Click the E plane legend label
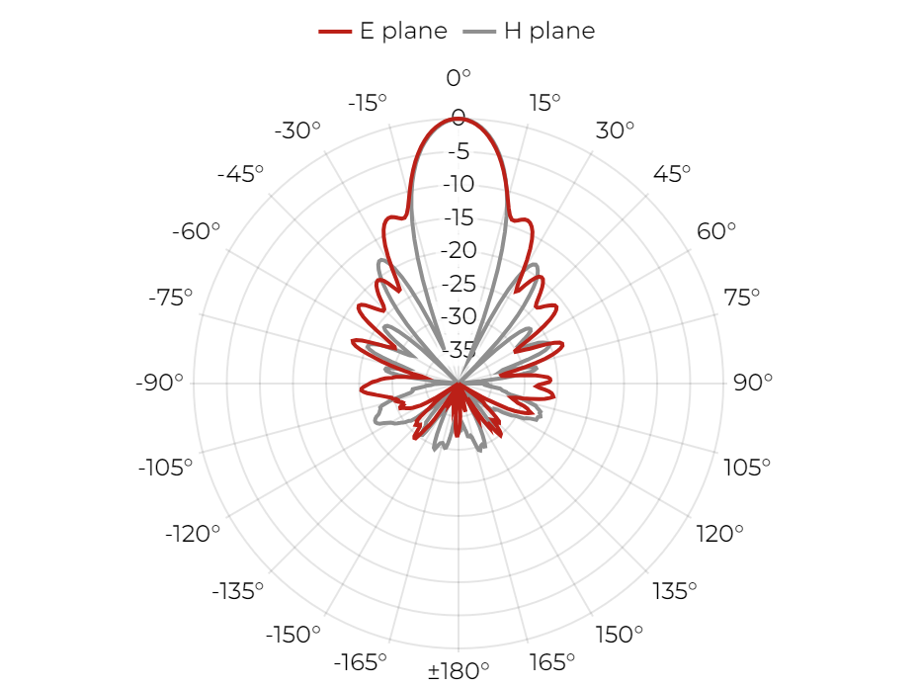coord(403,31)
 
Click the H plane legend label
coord(549,31)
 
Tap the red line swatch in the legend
coord(335,31)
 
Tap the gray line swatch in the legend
coord(479,31)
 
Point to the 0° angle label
coord(459,77)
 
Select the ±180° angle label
coord(459,670)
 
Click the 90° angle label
coord(753,383)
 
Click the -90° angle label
coord(159,383)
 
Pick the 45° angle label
coord(672,174)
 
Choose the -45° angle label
coord(240,174)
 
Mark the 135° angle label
coord(675,591)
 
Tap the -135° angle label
coord(237,591)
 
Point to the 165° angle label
coord(551,662)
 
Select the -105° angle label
coord(165,468)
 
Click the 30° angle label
coord(615,129)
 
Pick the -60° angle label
coord(196,231)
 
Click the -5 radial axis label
coord(459,151)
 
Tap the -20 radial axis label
coord(459,250)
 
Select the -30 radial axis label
coord(459,316)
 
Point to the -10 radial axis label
coord(459,184)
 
